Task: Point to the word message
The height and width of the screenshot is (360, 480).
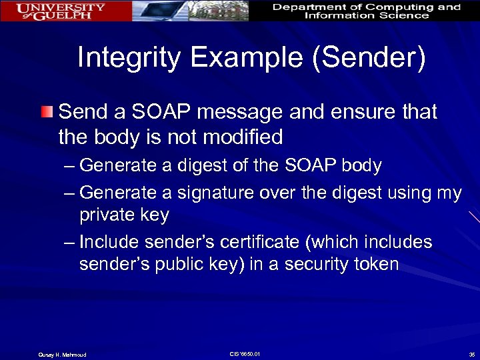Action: point(242,111)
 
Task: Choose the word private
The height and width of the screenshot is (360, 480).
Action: point(109,215)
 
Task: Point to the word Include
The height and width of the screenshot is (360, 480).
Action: point(109,242)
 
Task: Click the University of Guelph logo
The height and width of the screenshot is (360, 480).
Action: point(61,11)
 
